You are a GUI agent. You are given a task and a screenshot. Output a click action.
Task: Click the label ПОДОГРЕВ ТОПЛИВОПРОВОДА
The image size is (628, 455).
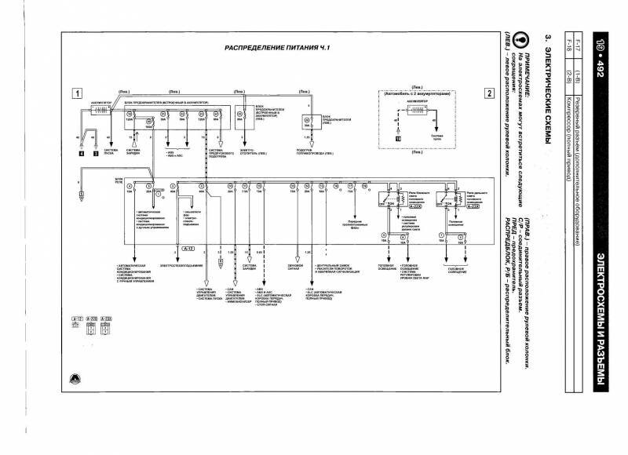[x=312, y=150]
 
